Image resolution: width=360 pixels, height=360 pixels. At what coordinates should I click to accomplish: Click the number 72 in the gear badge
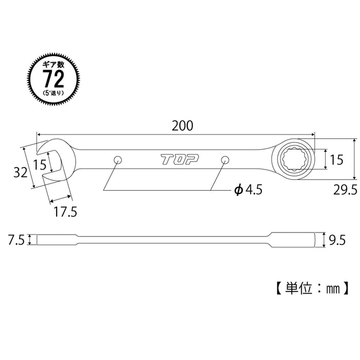[54, 79]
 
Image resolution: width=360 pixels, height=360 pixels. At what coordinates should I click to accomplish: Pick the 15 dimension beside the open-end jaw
[40, 165]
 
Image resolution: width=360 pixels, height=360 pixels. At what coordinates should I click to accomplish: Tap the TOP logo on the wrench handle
[175, 160]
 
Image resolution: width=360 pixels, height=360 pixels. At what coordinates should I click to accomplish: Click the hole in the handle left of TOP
[118, 159]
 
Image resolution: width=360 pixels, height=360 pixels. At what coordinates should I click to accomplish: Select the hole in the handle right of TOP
[225, 160]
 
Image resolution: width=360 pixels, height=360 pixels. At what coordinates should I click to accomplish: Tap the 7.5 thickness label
[16, 239]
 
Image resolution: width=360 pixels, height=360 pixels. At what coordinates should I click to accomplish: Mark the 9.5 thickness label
[337, 239]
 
